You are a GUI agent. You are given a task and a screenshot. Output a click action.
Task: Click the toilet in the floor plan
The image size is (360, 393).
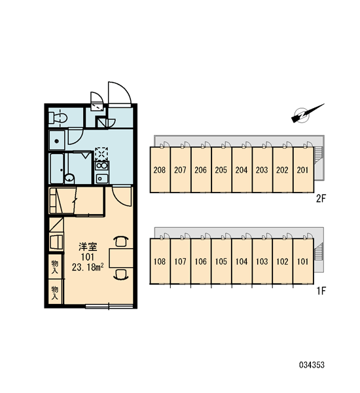click(58, 118)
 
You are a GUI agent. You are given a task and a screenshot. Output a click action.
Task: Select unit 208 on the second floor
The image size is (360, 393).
click(160, 170)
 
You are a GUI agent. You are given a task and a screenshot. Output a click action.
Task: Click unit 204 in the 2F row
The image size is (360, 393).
click(242, 170)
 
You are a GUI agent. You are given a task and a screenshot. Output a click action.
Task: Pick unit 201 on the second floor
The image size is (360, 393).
click(303, 170)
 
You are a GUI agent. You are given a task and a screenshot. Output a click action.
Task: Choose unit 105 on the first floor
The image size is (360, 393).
click(221, 261)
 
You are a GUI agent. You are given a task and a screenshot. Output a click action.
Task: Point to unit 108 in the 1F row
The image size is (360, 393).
click(160, 261)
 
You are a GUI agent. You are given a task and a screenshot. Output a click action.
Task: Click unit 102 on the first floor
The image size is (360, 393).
click(282, 261)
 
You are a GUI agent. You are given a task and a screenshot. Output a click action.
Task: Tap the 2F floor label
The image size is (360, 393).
click(321, 198)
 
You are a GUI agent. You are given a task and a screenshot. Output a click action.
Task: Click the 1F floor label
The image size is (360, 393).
click(321, 291)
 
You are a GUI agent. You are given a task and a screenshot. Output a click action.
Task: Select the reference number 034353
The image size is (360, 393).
click(312, 365)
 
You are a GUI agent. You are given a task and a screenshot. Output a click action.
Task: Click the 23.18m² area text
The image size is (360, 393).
click(88, 267)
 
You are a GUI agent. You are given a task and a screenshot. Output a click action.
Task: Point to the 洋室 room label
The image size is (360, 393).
click(88, 247)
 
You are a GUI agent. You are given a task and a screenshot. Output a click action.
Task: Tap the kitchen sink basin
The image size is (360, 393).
click(101, 178)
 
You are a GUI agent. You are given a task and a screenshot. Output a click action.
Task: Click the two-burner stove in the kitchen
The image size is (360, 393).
click(101, 166)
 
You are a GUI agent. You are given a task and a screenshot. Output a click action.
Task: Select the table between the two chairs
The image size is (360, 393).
click(121, 258)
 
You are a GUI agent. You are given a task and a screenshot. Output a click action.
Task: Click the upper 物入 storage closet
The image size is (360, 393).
click(55, 266)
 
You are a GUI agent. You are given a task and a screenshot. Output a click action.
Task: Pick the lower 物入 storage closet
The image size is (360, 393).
click(55, 291)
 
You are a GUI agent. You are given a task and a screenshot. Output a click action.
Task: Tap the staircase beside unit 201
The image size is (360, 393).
click(318, 155)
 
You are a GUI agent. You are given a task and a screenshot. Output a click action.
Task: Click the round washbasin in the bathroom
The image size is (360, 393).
click(69, 178)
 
